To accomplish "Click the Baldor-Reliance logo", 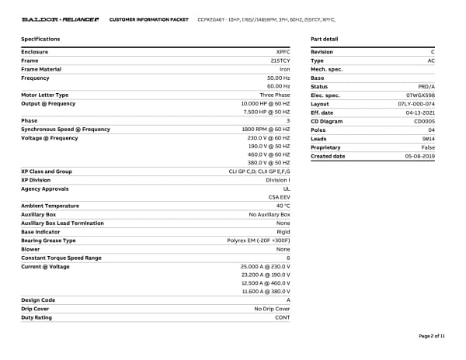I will pos(60,19).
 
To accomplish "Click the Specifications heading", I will pos(40,39).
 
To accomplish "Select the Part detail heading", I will pos(324,39).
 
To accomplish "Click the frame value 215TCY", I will pos(280,61).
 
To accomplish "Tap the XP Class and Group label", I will pos(47,171).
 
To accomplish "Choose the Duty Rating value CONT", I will pos(282,317).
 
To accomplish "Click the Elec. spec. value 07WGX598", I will pos(420,95).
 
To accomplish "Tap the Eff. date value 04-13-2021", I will pos(420,112).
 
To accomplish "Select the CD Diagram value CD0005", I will pos(424,121).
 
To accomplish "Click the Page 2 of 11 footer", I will pos(432,336).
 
